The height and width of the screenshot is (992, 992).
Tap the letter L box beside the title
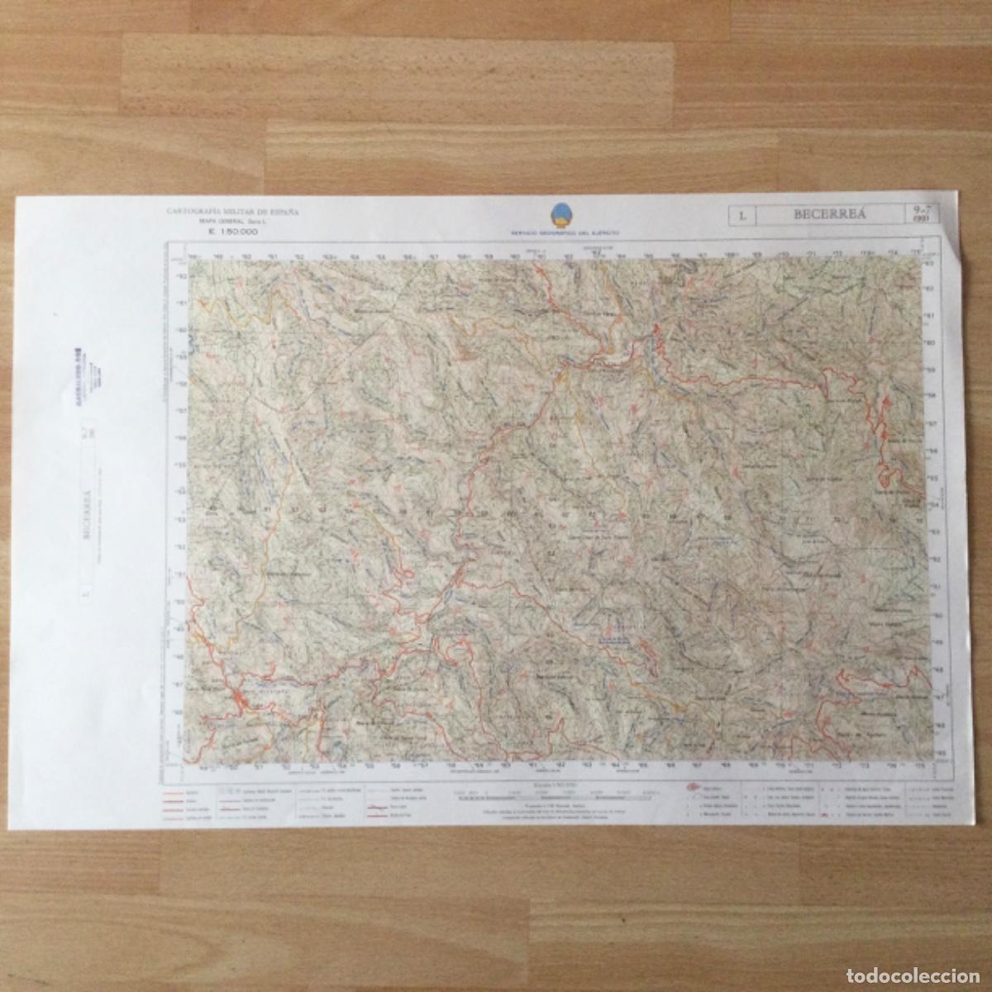pyautogui.click(x=743, y=217)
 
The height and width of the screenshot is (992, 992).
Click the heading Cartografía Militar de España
pyautogui.click(x=233, y=212)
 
